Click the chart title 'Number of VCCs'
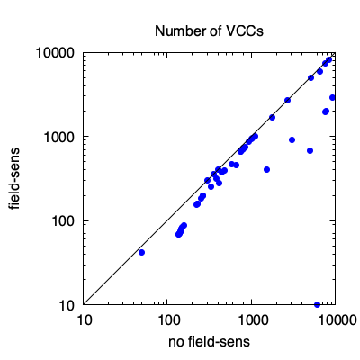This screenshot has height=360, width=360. click(209, 31)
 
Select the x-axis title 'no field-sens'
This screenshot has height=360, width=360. click(209, 342)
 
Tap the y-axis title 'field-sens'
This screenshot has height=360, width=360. click(13, 178)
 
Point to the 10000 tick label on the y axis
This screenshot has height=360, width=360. click(55, 53)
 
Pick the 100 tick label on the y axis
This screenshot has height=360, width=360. click(63, 221)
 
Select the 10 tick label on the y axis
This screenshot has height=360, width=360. click(67, 305)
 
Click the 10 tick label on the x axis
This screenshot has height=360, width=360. click(84, 320)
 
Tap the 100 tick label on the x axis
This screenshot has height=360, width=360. click(167, 320)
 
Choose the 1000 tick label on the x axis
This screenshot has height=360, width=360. click(251, 320)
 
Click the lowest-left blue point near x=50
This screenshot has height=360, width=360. click(141, 253)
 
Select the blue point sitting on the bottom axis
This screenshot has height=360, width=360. click(317, 304)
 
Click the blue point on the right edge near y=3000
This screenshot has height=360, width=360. click(332, 97)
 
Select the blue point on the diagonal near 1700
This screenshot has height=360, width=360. click(272, 117)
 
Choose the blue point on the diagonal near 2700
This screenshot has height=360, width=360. click(287, 100)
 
